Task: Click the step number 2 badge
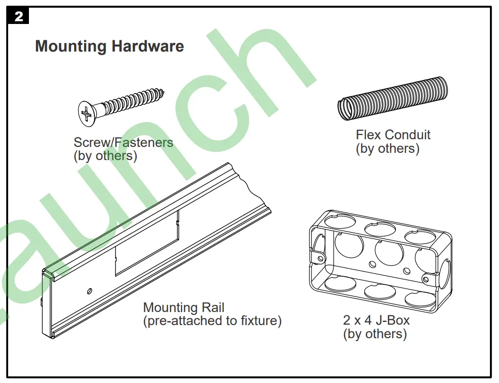(x=19, y=16)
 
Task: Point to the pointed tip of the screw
(x=163, y=92)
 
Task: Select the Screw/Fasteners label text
(x=123, y=142)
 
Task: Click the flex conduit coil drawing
(x=393, y=99)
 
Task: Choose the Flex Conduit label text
(x=393, y=135)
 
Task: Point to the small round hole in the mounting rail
(x=90, y=290)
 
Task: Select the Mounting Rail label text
(x=184, y=308)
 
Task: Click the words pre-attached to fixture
(x=212, y=321)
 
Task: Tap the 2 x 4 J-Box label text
(x=376, y=321)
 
